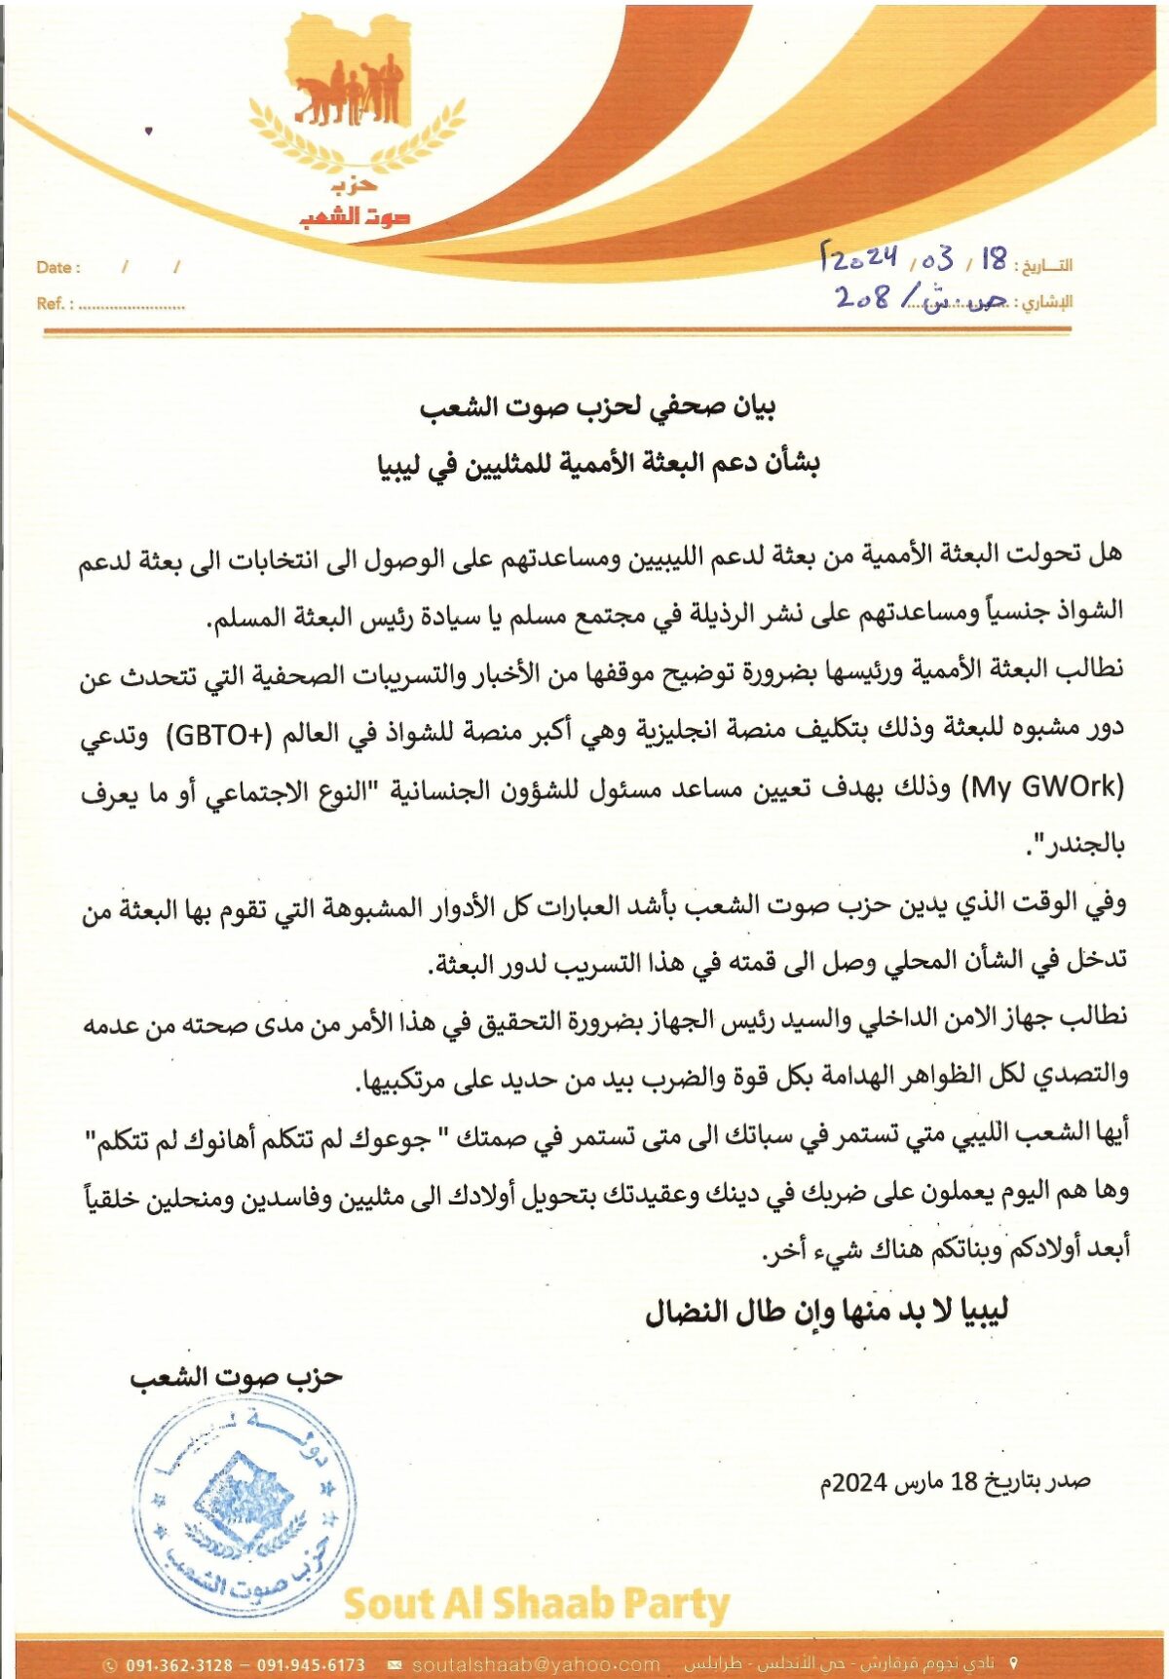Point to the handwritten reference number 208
(x=863, y=296)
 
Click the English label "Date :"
(x=58, y=267)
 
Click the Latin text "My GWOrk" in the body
(x=1042, y=785)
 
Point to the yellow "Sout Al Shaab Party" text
(x=536, y=1603)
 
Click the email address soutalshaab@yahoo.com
(x=536, y=1664)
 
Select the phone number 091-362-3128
(x=179, y=1664)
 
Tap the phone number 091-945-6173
(x=311, y=1664)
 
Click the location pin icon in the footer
(x=1014, y=1663)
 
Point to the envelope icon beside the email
(x=395, y=1664)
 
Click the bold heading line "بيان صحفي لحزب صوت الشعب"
(x=597, y=406)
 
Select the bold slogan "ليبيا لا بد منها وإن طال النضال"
(x=826, y=1311)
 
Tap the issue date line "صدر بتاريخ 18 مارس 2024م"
(x=955, y=1481)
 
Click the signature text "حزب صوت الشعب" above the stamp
(x=237, y=1376)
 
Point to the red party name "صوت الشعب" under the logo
(x=355, y=216)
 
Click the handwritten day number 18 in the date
(x=994, y=259)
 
